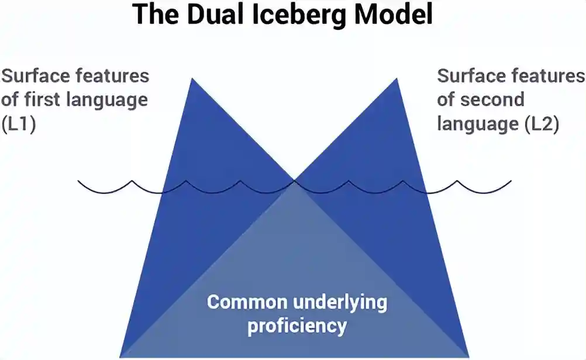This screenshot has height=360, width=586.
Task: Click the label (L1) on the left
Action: coord(19,124)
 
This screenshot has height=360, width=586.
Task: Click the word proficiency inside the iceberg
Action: coord(297,326)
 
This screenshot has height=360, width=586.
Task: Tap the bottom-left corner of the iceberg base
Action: coord(121,356)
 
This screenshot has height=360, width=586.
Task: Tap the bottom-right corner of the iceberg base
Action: coord(468,356)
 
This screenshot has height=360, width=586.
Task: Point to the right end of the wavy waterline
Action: coord(511,181)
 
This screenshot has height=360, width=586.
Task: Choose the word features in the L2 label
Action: coord(548,76)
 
